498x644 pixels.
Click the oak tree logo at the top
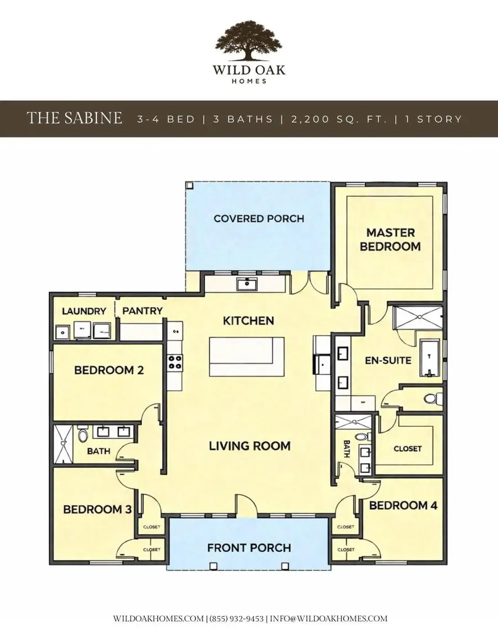point(248,42)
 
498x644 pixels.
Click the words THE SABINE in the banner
point(74,118)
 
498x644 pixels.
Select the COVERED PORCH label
point(258,218)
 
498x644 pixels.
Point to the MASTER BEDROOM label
point(390,239)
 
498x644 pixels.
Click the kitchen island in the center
point(246,358)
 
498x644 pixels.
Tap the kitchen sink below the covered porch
point(245,285)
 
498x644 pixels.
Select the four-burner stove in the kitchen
point(176,363)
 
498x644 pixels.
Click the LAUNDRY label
point(84,311)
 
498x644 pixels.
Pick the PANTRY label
point(142,311)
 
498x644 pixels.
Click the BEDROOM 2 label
point(109,370)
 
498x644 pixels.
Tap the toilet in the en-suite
point(432,398)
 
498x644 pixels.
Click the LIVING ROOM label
point(250,446)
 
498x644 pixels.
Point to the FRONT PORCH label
point(249,548)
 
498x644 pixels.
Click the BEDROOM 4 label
point(403,505)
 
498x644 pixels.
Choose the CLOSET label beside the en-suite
point(407,449)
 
